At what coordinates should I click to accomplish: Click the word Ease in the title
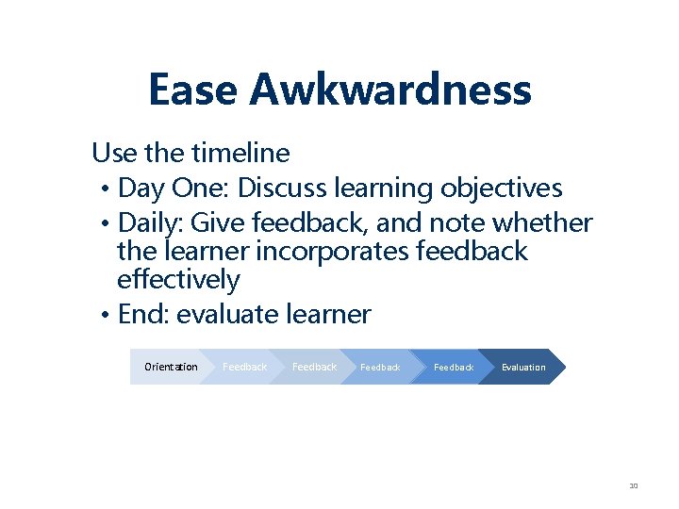click(192, 90)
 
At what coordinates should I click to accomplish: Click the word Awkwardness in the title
click(390, 90)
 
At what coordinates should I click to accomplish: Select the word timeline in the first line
click(240, 152)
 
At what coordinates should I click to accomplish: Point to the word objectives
click(501, 189)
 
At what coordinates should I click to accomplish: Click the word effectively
click(178, 280)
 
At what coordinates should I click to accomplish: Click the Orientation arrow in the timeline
click(170, 367)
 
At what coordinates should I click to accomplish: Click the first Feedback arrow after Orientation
click(244, 367)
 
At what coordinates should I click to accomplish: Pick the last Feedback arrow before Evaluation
click(454, 367)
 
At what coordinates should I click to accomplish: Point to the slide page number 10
click(634, 486)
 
